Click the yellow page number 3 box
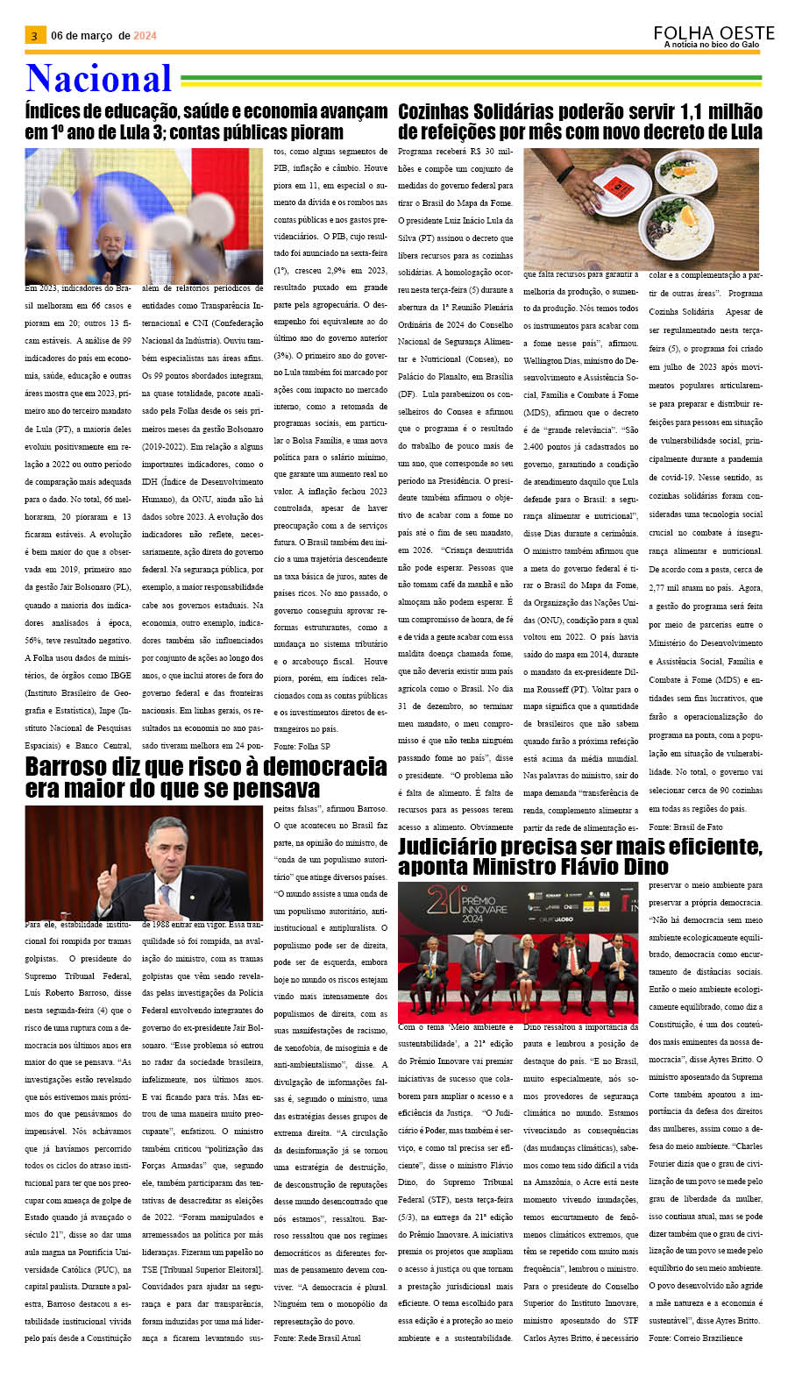34,36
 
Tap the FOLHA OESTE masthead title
713,33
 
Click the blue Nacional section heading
98,79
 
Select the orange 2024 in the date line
145,36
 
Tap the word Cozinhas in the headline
448,112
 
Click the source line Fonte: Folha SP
302,746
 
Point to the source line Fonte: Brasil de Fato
685,827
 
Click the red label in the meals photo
621,185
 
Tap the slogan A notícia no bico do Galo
712,45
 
